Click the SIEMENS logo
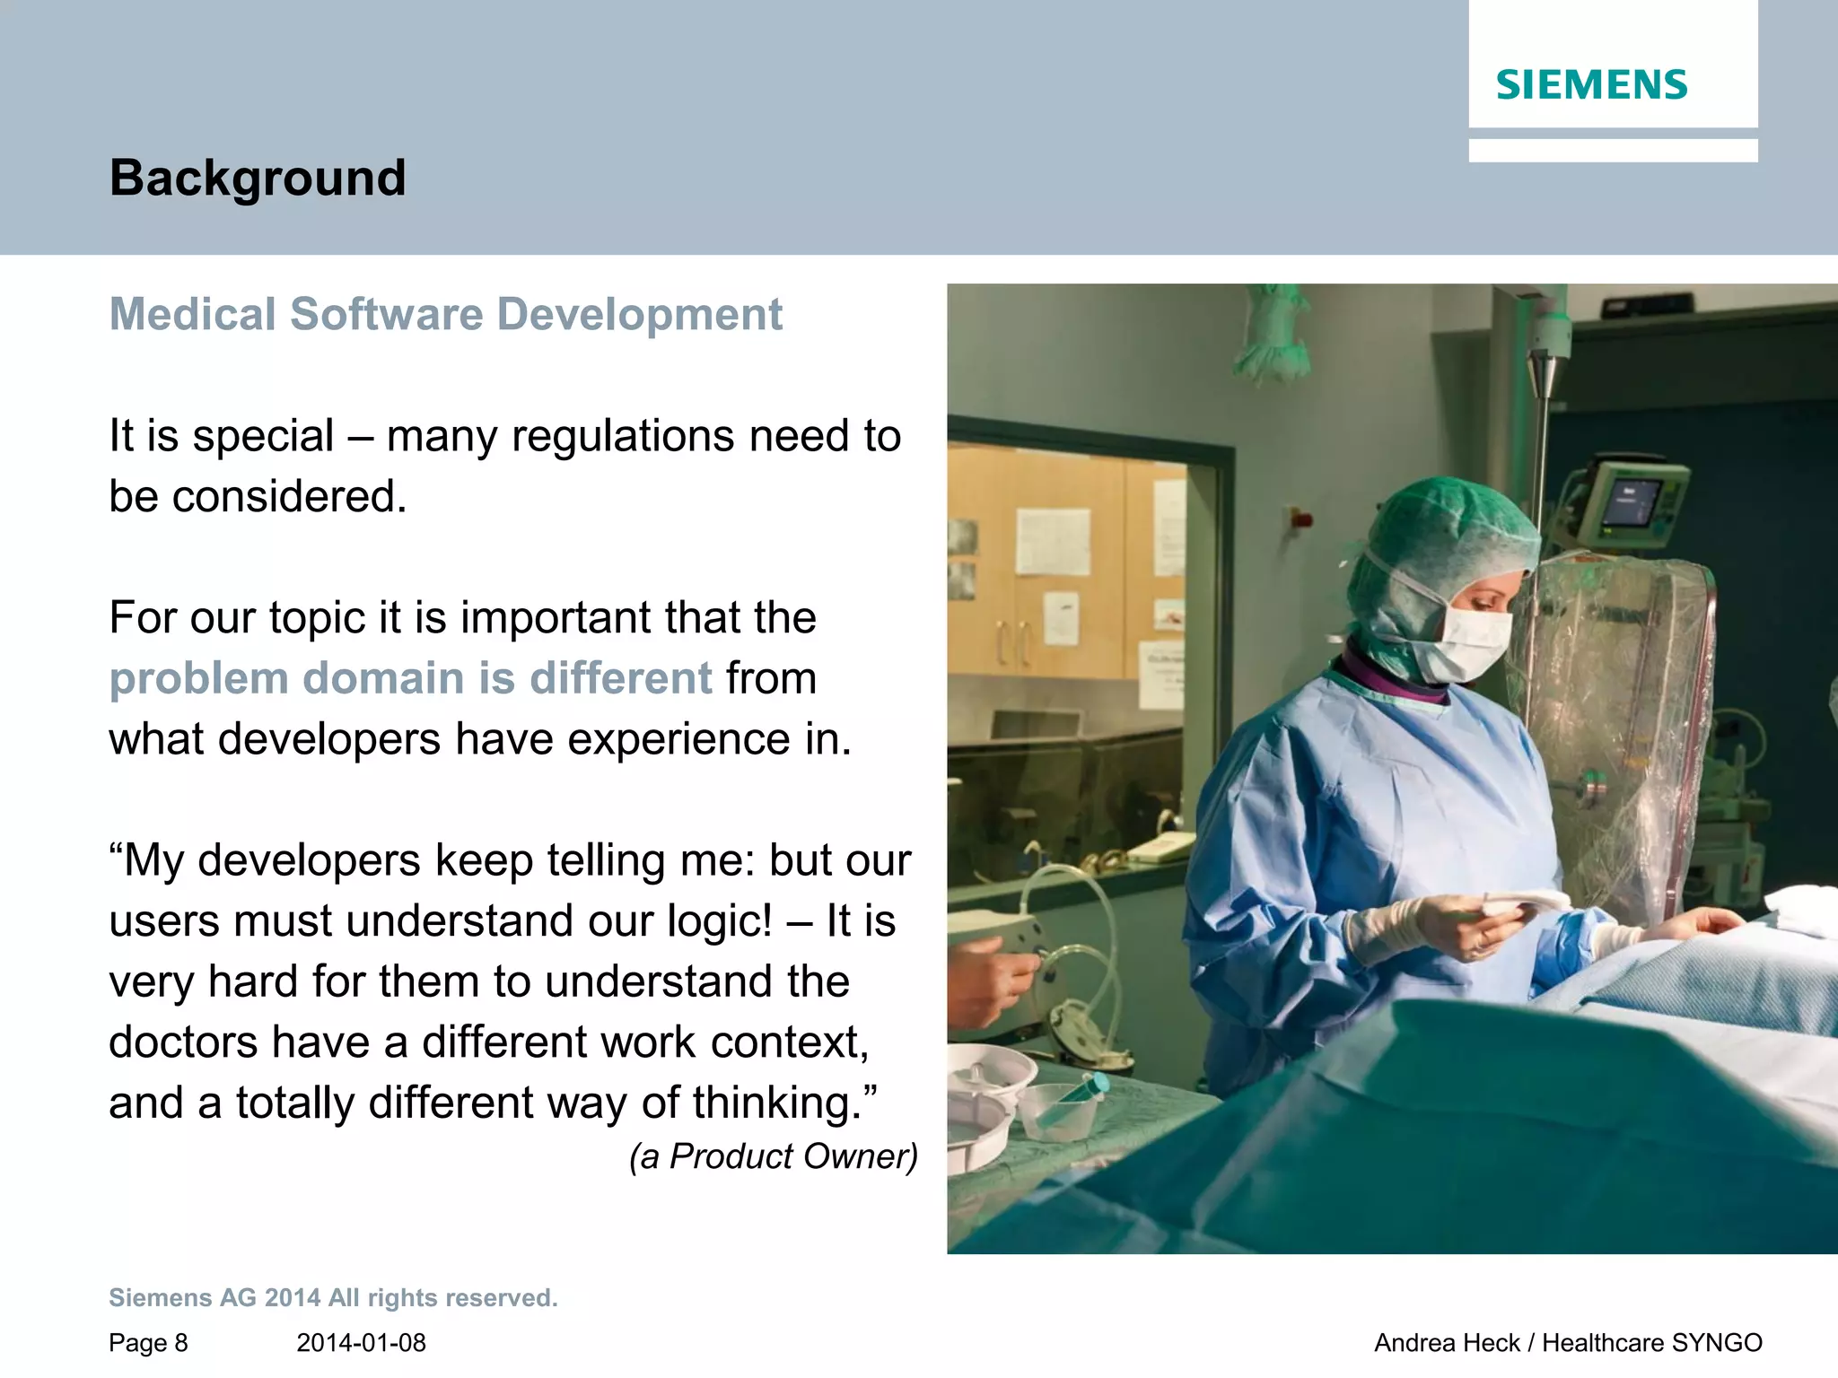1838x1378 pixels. tap(1591, 85)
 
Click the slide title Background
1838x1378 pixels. tap(258, 178)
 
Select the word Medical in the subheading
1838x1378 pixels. tap(193, 315)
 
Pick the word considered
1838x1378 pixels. tap(289, 497)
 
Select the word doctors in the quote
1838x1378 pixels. tap(184, 1042)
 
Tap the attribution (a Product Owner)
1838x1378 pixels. tap(774, 1156)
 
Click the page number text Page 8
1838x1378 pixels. tap(148, 1343)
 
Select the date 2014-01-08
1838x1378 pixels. tap(361, 1343)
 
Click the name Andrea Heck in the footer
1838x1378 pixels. tap(1447, 1343)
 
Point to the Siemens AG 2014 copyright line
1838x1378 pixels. tap(333, 1298)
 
